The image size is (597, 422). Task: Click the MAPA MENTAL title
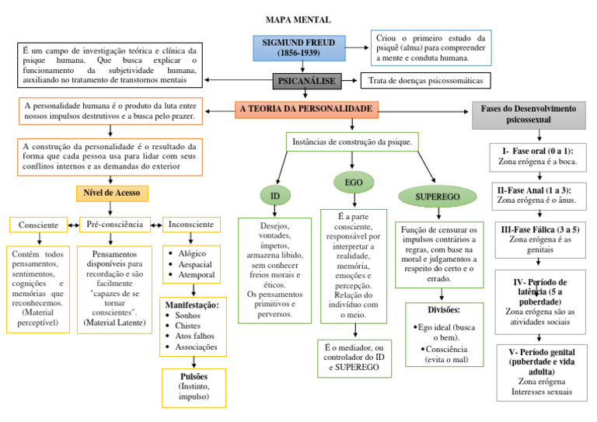click(298, 19)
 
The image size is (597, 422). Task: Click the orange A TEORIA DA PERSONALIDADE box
click(306, 110)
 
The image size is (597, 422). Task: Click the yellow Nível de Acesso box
click(112, 192)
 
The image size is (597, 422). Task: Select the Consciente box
click(38, 225)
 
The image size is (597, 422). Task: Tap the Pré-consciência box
click(114, 225)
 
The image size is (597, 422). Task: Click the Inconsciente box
click(191, 225)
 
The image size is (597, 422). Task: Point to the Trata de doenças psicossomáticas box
click(425, 81)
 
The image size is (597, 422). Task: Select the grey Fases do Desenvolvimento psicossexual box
click(529, 115)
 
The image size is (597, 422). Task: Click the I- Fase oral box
click(536, 156)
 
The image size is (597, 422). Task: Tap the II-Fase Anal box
click(536, 194)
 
